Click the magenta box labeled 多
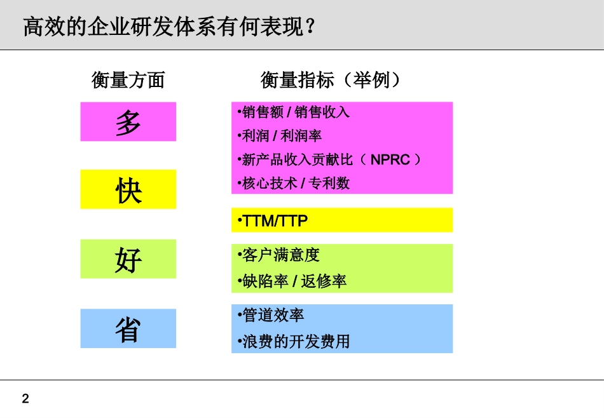tap(128, 121)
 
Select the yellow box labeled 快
tap(128, 189)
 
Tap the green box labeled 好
tap(128, 259)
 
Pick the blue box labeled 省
tap(128, 328)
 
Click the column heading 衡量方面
tap(128, 80)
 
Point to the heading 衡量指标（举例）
tap(331, 80)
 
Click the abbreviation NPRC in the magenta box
tap(390, 159)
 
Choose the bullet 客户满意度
tap(278, 255)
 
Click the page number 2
tap(25, 399)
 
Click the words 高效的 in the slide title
tap(51, 27)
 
